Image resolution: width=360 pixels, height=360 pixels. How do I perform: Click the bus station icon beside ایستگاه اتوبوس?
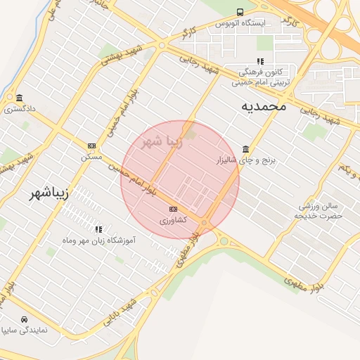coord(240,12)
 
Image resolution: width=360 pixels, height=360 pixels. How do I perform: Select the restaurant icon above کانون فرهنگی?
coord(260,62)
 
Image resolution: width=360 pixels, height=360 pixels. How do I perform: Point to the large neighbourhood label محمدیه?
coord(264,106)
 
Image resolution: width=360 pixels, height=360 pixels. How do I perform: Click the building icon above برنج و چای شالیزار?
coord(245,149)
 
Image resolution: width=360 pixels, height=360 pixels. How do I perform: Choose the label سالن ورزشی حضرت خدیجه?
coord(321,211)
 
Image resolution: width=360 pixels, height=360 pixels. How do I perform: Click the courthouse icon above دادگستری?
coord(18,98)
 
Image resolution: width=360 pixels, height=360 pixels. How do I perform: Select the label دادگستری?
coord(19,109)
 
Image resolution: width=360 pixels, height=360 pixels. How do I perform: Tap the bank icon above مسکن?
coord(91,146)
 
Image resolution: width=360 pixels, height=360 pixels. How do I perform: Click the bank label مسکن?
coord(91,156)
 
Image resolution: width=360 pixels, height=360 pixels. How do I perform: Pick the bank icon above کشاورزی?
coord(173,210)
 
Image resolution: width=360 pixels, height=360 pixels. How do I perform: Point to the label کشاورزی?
coord(173,220)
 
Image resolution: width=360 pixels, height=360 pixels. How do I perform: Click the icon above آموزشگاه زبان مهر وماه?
coord(98,229)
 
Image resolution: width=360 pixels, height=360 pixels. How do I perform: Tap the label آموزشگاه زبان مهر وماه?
coord(98,240)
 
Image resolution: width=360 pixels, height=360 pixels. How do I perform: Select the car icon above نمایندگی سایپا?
coord(25,319)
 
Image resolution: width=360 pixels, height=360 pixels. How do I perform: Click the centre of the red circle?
coord(180,180)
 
